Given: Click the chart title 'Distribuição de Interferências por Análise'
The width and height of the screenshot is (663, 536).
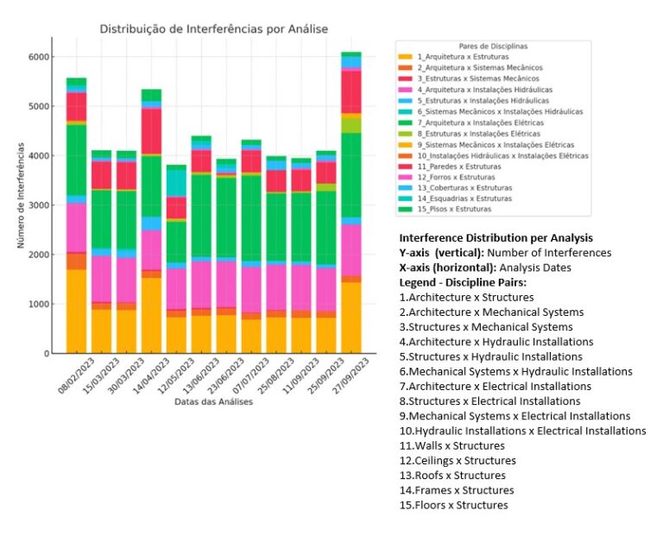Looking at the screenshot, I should pyautogui.click(x=214, y=28).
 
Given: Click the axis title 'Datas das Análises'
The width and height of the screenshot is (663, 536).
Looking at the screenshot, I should pyautogui.click(x=213, y=402).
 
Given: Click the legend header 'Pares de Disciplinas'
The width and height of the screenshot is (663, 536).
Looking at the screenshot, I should pyautogui.click(x=494, y=45).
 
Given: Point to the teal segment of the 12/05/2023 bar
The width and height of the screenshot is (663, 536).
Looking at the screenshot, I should pyautogui.click(x=176, y=182).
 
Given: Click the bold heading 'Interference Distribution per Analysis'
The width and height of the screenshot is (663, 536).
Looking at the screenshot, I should pyautogui.click(x=496, y=237).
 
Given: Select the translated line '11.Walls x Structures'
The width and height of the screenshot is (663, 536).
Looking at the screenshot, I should pyautogui.click(x=451, y=445).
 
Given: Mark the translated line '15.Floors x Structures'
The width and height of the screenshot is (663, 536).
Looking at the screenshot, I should pyautogui.click(x=453, y=505).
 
